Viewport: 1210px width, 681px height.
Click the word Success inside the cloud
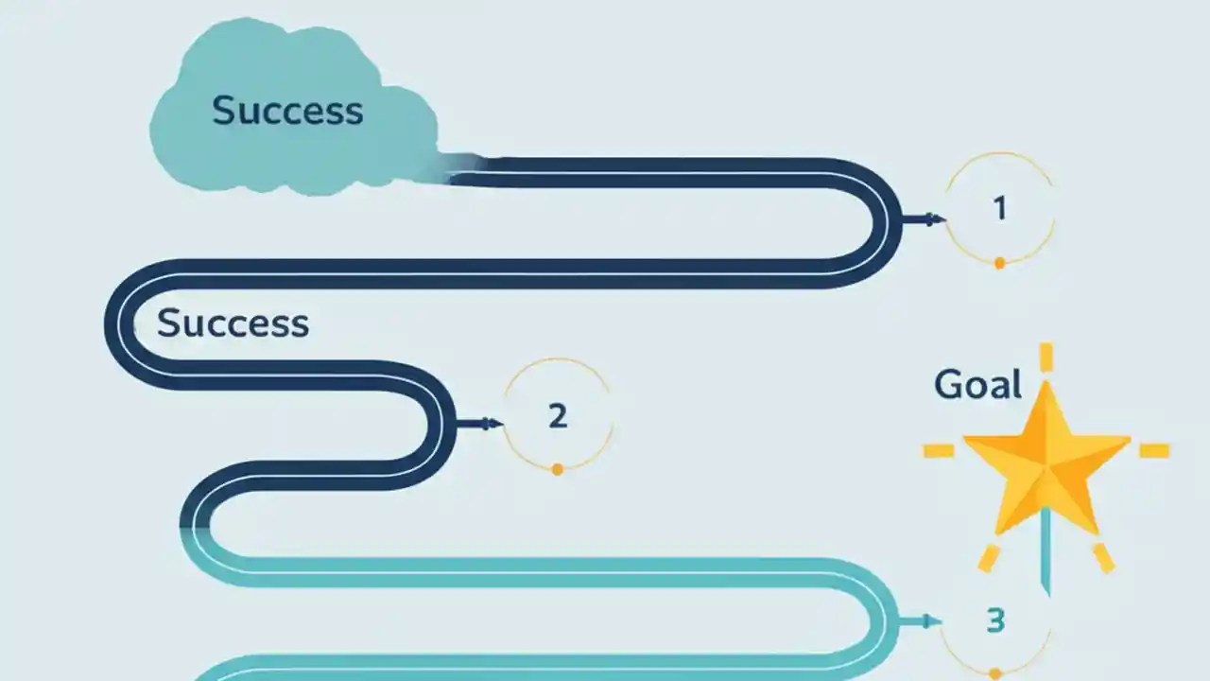287,111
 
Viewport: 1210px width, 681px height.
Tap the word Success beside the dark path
233,323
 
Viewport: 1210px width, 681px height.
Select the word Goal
977,385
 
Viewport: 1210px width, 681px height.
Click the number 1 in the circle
1000,208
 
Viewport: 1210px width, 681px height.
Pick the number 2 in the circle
558,415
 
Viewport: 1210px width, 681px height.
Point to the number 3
995,620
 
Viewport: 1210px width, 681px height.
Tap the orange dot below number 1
999,263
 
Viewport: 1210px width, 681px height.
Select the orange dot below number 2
557,469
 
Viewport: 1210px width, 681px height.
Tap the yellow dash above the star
1046,357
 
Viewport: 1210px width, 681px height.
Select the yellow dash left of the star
939,450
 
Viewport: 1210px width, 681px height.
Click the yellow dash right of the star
1153,450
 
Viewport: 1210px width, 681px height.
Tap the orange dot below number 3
994,674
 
